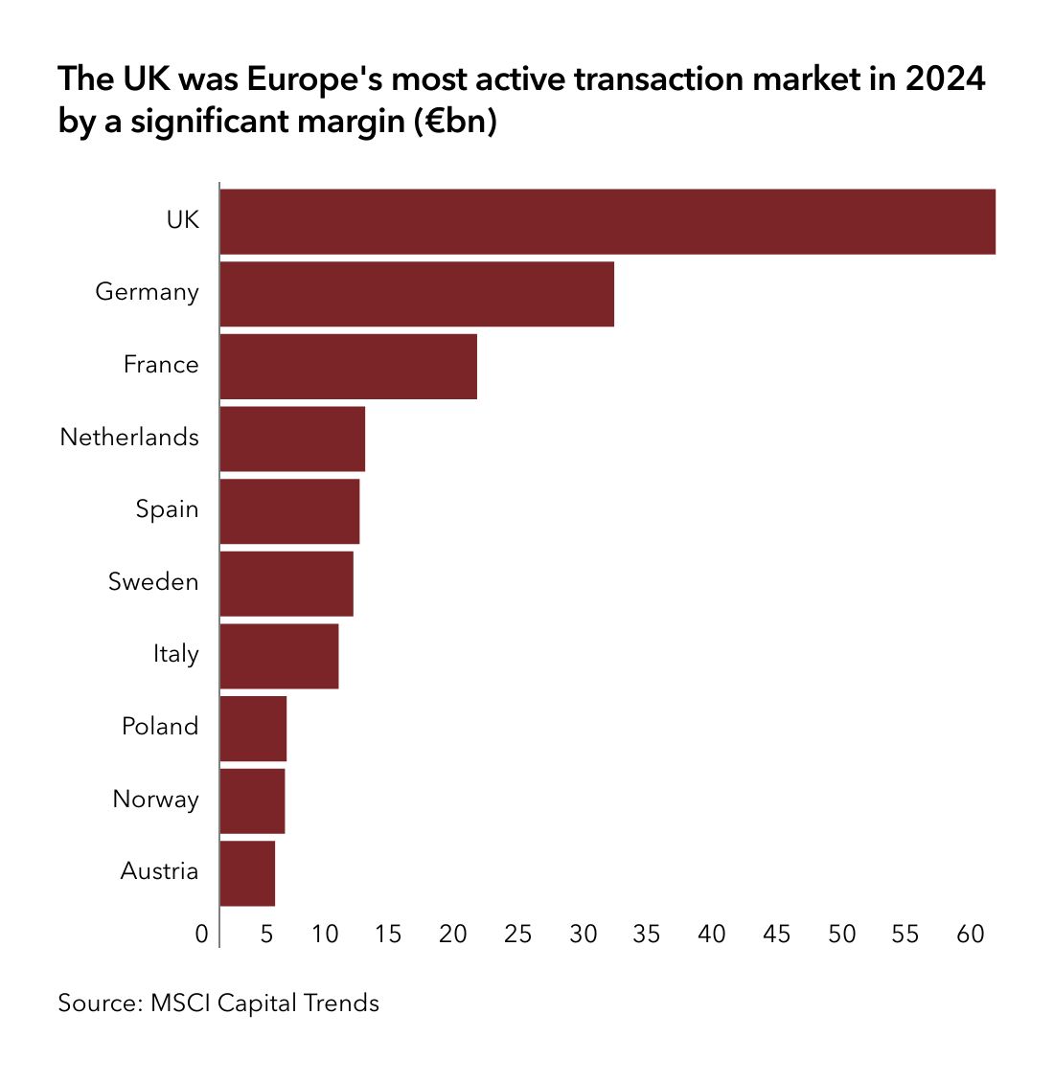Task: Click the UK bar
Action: click(x=607, y=222)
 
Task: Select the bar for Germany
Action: click(x=417, y=294)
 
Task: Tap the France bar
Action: click(x=348, y=366)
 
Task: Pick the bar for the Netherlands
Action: click(x=292, y=439)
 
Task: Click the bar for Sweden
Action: click(x=286, y=583)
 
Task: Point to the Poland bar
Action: click(x=253, y=728)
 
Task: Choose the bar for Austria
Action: click(x=247, y=873)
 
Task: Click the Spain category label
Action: click(x=167, y=509)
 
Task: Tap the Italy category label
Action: click(x=175, y=654)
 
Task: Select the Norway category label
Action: click(x=155, y=799)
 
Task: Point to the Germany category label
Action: click(x=147, y=292)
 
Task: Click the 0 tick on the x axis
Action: click(x=201, y=934)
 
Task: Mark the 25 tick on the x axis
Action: click(x=517, y=934)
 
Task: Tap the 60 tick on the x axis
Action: click(x=971, y=934)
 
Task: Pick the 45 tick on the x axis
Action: click(x=776, y=934)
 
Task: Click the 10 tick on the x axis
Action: click(x=325, y=934)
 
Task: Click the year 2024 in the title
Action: click(x=945, y=79)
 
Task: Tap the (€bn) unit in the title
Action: click(x=456, y=123)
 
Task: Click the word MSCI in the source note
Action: click(x=180, y=1003)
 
